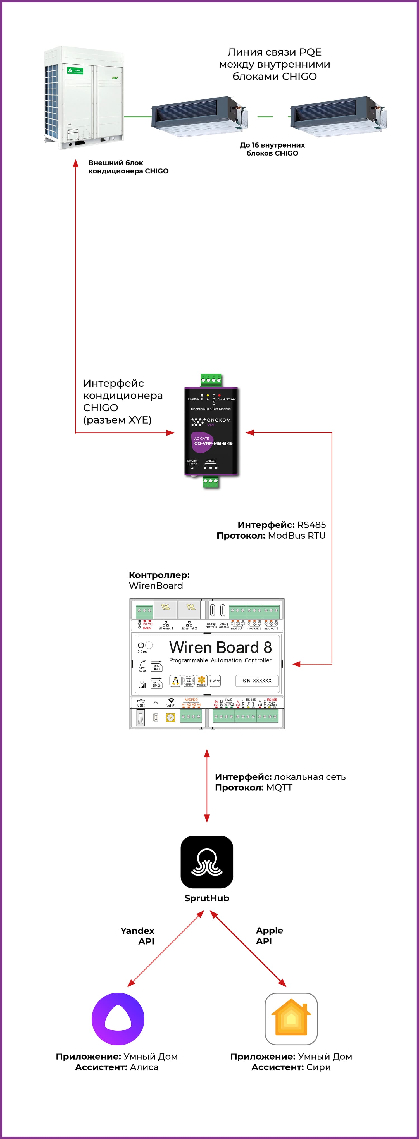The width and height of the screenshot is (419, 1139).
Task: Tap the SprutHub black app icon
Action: (x=207, y=862)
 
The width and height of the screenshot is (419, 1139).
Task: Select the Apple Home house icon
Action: (x=291, y=1019)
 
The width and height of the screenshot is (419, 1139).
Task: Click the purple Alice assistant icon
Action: (x=118, y=1019)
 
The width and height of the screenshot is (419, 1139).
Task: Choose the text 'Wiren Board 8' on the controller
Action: (x=220, y=647)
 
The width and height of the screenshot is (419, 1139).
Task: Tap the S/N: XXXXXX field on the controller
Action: (x=257, y=681)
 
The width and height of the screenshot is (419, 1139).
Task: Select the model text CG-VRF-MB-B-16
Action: (x=213, y=443)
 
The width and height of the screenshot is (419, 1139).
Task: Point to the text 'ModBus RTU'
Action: (x=297, y=536)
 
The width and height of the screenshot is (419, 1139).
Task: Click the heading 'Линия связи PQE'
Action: (x=275, y=52)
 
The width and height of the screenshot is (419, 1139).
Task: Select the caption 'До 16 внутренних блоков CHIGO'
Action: (x=272, y=149)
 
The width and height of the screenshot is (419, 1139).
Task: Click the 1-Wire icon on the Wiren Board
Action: (x=215, y=681)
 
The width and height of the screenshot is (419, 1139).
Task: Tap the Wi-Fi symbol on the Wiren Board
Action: (x=171, y=701)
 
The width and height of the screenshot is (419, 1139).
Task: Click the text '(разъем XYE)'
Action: (x=117, y=420)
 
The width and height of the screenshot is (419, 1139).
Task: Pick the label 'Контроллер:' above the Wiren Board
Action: (x=159, y=575)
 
